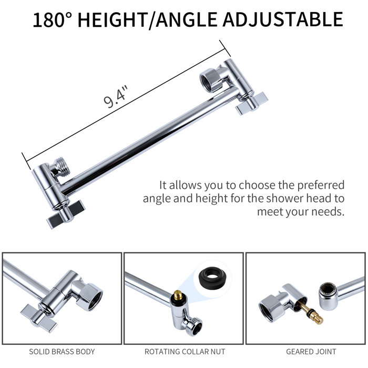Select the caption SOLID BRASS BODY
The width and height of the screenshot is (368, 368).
[x=62, y=351]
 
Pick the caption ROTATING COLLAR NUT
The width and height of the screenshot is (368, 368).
[x=183, y=351]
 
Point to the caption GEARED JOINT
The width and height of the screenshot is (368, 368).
[x=306, y=351]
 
